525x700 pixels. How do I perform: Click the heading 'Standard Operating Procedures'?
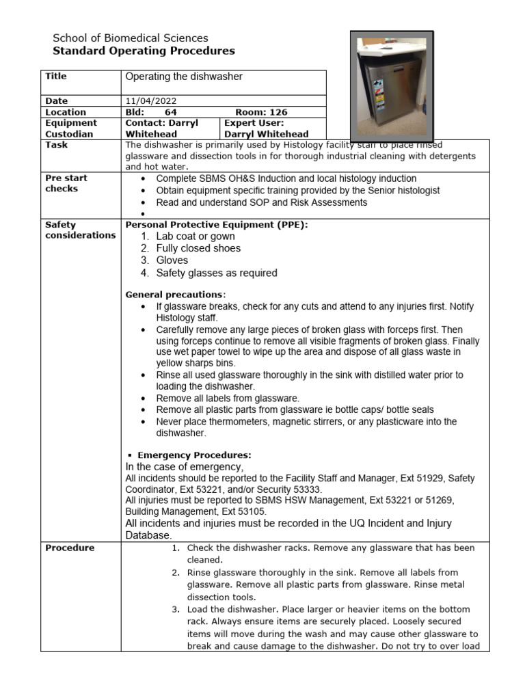pyautogui.click(x=144, y=51)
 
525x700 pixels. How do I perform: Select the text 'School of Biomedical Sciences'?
pyautogui.click(x=131, y=38)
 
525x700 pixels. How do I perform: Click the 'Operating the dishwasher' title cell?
pyautogui.click(x=184, y=77)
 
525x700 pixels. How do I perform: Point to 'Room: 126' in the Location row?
pyautogui.click(x=261, y=112)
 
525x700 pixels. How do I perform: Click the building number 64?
pyautogui.click(x=171, y=112)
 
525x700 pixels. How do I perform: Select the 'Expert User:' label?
pyautogui.click(x=250, y=123)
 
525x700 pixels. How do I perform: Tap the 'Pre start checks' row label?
pyautogui.click(x=66, y=183)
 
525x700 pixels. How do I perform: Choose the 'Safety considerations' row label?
pyautogui.click(x=80, y=230)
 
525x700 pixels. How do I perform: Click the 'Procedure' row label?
pyautogui.click(x=70, y=548)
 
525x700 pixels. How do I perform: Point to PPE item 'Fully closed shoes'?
pyautogui.click(x=198, y=248)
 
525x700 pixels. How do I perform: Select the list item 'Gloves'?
pyautogui.click(x=172, y=260)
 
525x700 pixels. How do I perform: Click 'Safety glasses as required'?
pyautogui.click(x=216, y=273)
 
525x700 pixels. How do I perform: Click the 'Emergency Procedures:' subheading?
pyautogui.click(x=194, y=455)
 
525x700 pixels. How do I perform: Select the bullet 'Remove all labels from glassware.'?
pyautogui.click(x=228, y=398)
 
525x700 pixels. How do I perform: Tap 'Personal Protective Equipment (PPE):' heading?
pyautogui.click(x=213, y=224)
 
